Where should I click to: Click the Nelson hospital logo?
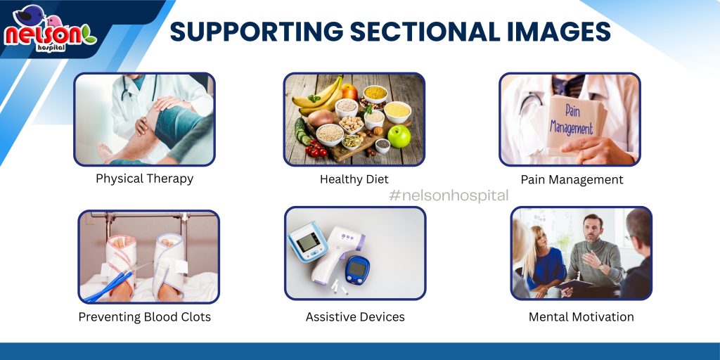(50, 29)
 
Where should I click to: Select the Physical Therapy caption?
(144, 179)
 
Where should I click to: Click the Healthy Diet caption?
(354, 179)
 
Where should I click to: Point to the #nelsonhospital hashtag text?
(449, 195)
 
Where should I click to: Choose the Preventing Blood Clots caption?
(145, 317)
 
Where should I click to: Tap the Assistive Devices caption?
(355, 317)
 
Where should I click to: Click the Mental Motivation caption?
(581, 317)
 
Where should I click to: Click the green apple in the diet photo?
(399, 136)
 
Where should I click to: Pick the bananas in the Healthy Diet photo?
(318, 97)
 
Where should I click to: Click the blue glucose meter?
(356, 269)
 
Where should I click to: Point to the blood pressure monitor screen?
(307, 241)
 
